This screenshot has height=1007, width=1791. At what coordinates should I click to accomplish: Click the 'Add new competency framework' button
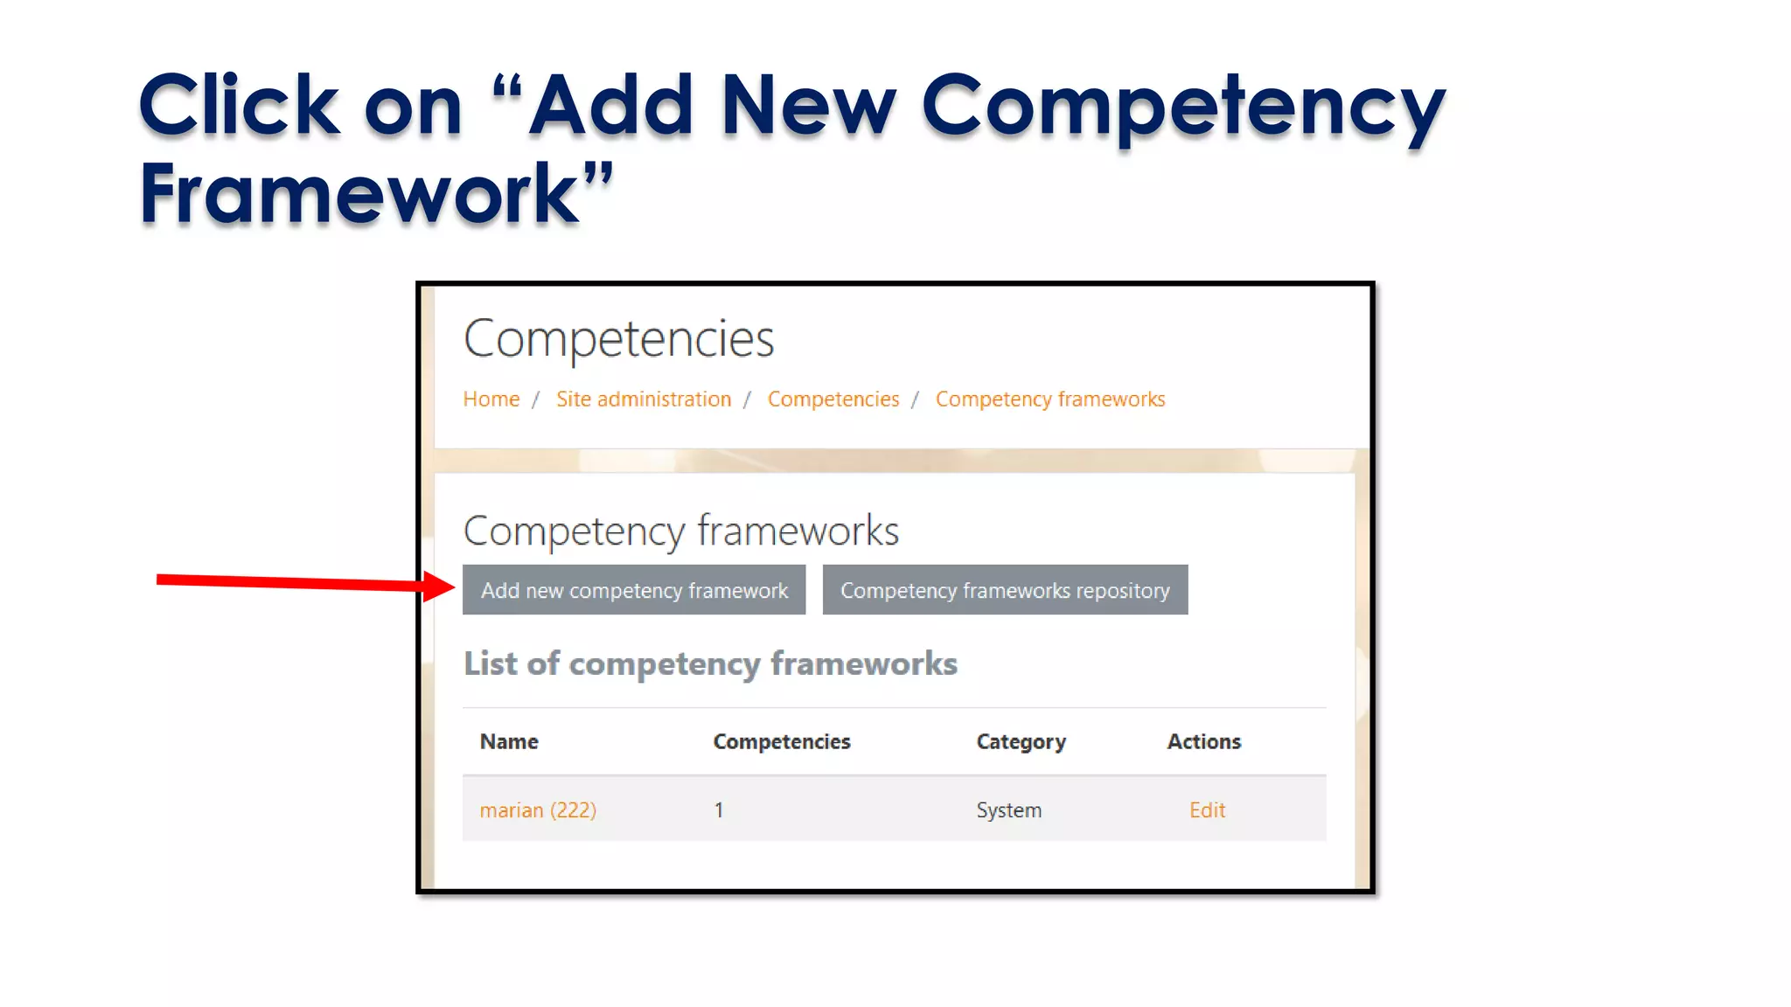pos(633,590)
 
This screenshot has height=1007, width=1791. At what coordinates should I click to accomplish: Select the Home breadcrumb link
pos(491,399)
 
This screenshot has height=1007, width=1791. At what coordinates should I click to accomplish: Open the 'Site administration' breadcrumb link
pos(643,399)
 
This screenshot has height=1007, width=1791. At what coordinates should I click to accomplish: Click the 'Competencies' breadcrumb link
pos(833,399)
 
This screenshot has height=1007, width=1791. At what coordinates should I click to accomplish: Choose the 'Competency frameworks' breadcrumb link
pos(1049,399)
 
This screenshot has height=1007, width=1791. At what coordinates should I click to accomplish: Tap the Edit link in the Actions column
pos(1207,810)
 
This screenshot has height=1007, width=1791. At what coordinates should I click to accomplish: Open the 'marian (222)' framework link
pos(538,810)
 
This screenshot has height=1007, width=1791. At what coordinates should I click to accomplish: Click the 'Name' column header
pos(509,741)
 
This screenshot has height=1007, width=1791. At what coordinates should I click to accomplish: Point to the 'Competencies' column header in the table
pos(781,741)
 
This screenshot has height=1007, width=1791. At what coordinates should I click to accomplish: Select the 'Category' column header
pos(1021,741)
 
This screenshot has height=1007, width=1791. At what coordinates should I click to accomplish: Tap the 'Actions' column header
pos(1203,741)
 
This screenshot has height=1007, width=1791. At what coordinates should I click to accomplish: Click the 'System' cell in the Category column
pos(1008,810)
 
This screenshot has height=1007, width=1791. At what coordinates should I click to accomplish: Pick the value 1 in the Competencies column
pos(719,810)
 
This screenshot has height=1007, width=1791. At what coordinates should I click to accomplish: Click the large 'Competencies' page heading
pos(618,339)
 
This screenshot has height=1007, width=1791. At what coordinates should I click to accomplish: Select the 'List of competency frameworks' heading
pos(710,663)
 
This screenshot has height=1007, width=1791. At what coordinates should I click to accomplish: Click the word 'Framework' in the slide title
pos(359,194)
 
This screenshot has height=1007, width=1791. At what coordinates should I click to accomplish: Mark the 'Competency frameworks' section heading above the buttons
pos(680,531)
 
